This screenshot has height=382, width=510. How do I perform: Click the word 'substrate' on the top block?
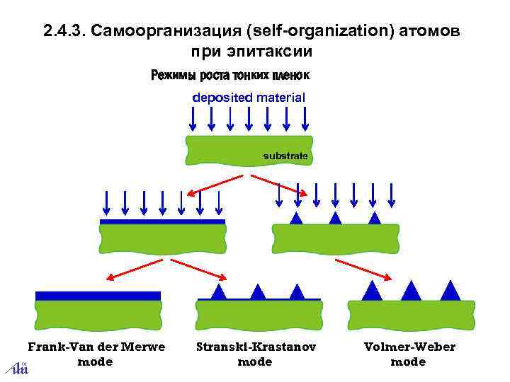tap(285, 155)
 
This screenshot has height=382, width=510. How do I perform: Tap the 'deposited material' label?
tap(249, 98)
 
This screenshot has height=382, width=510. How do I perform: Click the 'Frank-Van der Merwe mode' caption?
tap(96, 354)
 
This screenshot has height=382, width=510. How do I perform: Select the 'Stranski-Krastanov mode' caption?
tap(255, 354)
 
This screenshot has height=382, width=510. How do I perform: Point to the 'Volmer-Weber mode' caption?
tap(409, 354)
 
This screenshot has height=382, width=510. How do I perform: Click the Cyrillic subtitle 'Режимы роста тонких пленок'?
tap(231, 75)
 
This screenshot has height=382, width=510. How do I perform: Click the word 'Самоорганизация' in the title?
tap(168, 32)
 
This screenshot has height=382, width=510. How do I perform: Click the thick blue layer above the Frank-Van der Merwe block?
tap(98, 295)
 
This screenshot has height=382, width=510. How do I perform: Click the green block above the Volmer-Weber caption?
tap(409, 315)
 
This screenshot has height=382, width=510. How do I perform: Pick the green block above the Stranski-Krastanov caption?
tap(259, 316)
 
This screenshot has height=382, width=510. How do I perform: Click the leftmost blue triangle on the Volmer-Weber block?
tap(371, 291)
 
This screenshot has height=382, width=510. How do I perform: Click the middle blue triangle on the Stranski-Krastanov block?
tap(258, 291)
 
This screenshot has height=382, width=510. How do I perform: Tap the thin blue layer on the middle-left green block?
tap(162, 221)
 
